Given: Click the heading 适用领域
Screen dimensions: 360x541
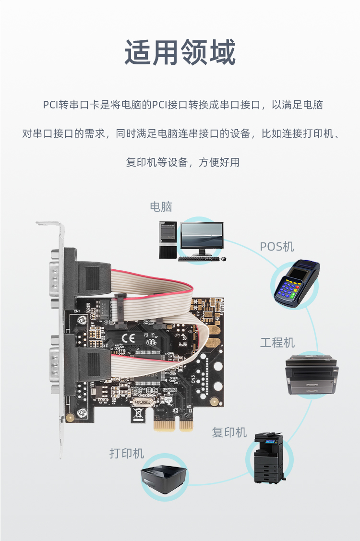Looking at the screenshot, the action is pos(180,52).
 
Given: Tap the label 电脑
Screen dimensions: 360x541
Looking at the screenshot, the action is pos(161,207).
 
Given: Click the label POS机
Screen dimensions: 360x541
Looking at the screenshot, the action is pos(277,246).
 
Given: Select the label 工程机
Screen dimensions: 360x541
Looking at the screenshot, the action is pos(277,343).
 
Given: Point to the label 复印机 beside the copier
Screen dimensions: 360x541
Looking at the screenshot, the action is pos(229,432).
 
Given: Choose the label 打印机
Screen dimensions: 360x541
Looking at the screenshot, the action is pos(127,453).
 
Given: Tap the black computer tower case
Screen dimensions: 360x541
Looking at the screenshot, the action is pos(168,240).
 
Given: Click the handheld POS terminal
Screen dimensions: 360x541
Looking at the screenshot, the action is pos(297,283).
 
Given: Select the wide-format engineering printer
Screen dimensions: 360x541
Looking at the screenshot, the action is pos(312,374).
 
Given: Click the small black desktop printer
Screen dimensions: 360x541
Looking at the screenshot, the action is pos(164,477).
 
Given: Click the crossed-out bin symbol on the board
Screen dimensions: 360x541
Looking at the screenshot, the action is pos(138,413).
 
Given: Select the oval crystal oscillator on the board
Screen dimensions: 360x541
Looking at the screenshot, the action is pos(142,402).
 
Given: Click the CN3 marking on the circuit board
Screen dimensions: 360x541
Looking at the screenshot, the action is pos(193,378).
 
